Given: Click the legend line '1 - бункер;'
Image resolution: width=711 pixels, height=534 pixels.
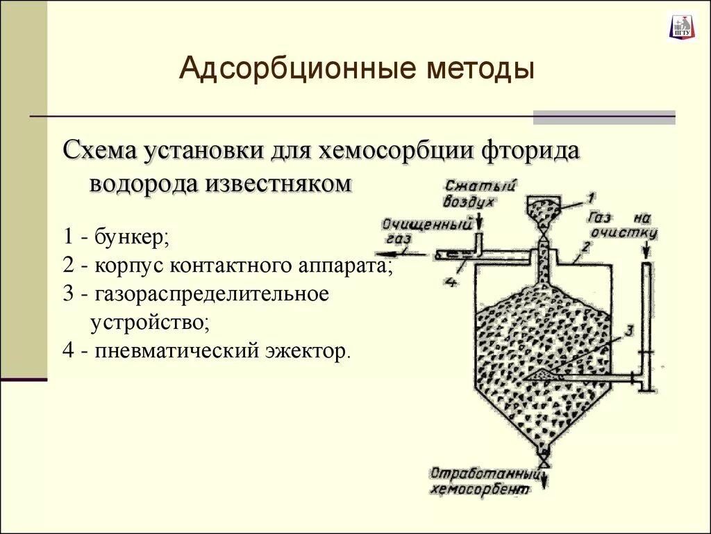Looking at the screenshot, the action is pos(116,236).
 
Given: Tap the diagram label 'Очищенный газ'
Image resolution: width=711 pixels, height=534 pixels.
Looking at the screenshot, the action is pos(428,230).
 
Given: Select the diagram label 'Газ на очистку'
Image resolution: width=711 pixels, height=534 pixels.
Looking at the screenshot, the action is pos(622,223).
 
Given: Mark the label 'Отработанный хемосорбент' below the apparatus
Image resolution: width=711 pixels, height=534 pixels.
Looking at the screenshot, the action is pos(485,481).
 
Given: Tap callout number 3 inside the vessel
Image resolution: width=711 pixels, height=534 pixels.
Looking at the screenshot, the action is pos(628,330).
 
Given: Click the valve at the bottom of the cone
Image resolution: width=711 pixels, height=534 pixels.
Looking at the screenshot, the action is pos(544,460).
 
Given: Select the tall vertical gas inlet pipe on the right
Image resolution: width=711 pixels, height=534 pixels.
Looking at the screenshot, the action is pos(646,320).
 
